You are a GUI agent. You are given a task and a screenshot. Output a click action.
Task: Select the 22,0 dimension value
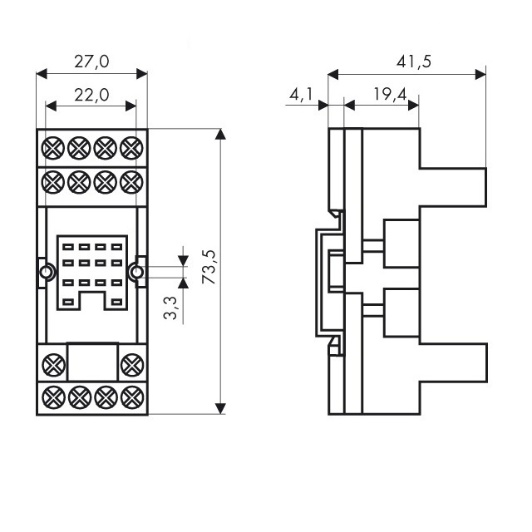click(91, 95)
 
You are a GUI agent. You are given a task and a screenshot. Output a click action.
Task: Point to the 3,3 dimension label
click(170, 308)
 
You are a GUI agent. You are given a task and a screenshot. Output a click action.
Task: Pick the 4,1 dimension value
click(300, 95)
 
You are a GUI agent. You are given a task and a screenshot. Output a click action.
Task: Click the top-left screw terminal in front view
click(53, 148)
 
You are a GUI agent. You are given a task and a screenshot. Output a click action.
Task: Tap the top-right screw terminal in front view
click(131, 148)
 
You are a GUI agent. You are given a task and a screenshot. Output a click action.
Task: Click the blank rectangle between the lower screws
click(91, 363)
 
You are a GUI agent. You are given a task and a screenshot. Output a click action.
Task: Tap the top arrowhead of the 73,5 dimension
click(220, 135)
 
